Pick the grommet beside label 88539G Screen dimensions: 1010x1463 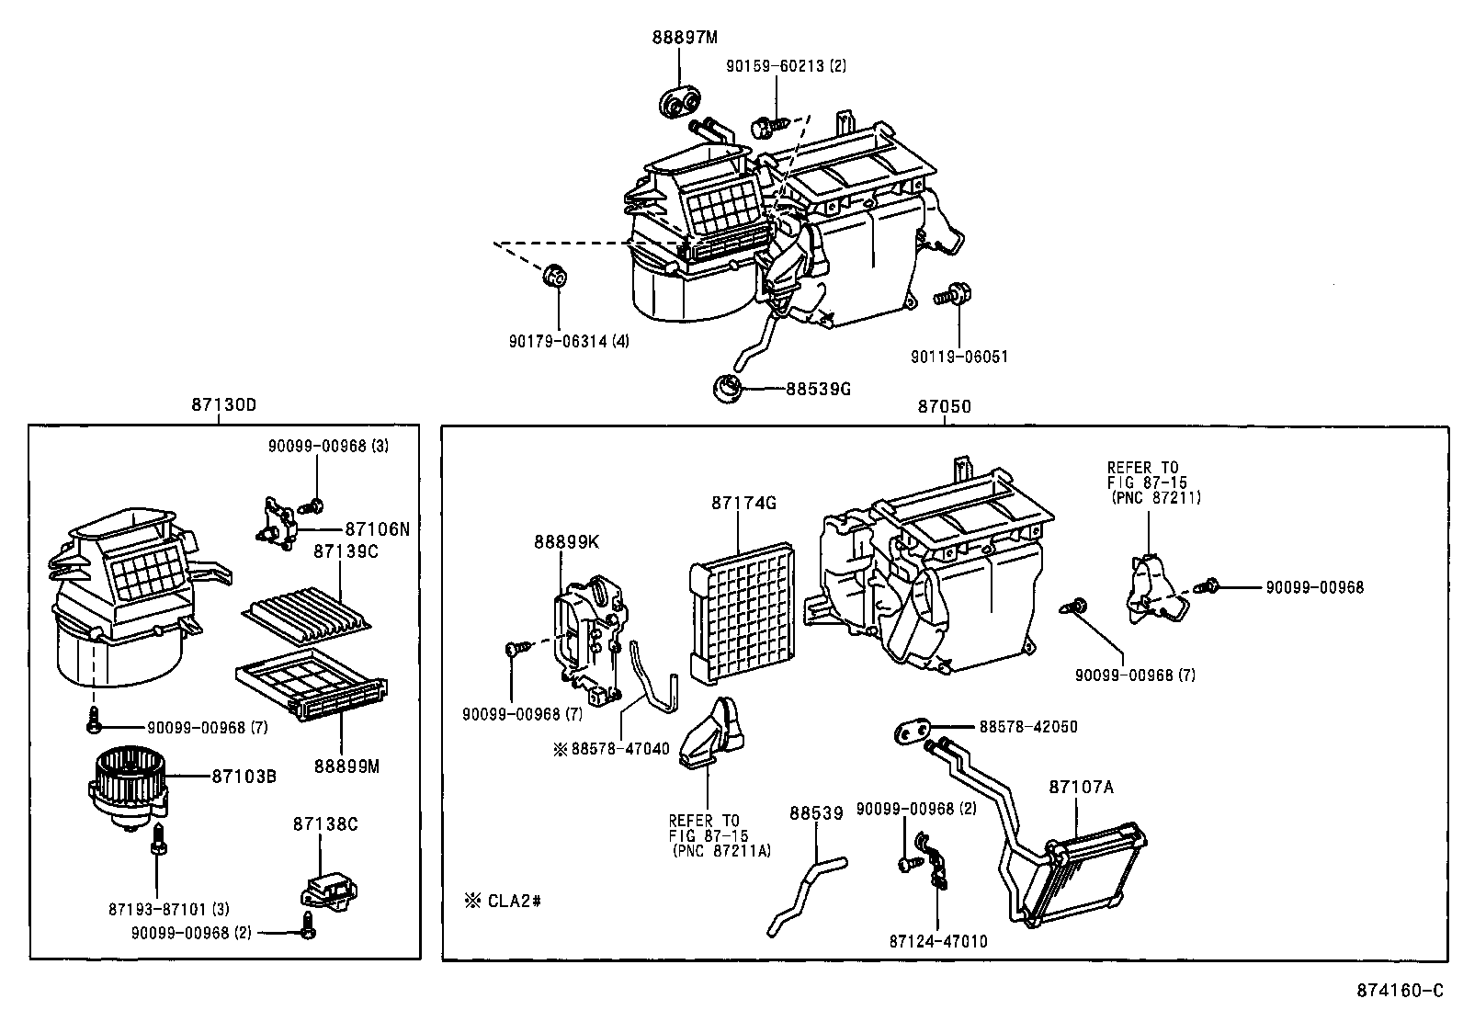click(x=729, y=388)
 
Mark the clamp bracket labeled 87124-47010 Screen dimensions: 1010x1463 click(x=934, y=860)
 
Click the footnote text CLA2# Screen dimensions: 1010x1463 click(x=513, y=900)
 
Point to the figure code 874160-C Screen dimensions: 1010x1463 click(x=1401, y=990)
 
